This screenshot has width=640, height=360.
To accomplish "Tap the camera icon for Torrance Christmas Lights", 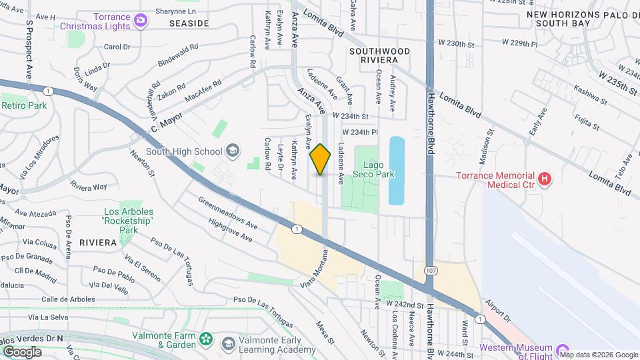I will coord(141,21).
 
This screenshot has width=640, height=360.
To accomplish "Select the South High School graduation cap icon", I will coord(233,151).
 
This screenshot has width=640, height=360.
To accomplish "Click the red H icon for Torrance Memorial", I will coord(546,178).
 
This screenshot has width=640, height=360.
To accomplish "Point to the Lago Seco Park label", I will coord(379,169).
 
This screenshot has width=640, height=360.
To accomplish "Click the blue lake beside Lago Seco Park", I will coord(396,171).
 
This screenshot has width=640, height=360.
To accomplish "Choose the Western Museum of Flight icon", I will coord(562,349).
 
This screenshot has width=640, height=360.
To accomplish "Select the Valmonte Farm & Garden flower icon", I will coord(207,340).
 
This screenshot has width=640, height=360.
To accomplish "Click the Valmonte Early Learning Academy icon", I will coord(229,343).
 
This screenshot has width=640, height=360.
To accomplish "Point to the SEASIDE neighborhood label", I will coord(189,23).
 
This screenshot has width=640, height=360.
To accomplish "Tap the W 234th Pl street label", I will coord(360,132).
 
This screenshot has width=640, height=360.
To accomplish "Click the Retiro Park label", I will coord(24,105).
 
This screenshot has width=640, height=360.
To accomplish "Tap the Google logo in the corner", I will coord(21,351).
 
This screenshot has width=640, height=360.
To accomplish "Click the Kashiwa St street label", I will coord(591,96).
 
